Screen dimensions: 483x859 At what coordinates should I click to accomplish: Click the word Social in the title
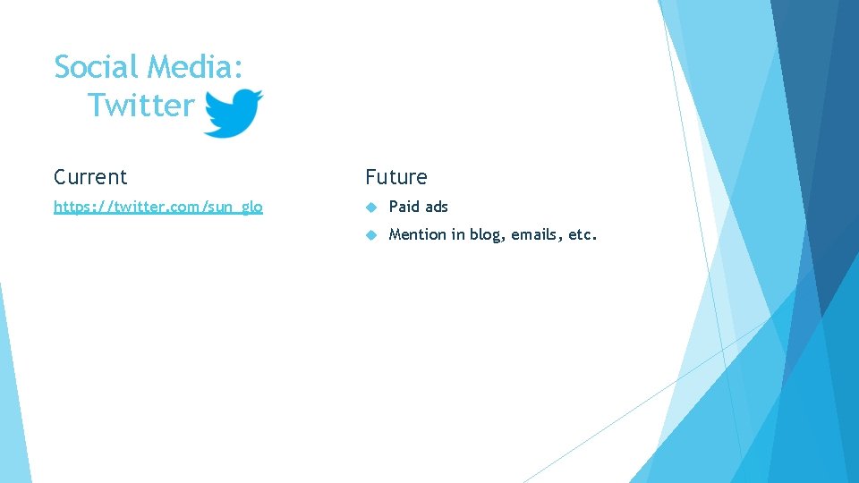tap(97, 67)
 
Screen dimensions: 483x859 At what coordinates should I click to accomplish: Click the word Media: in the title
tap(195, 67)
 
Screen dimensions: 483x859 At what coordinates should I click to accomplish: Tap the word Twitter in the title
tap(141, 106)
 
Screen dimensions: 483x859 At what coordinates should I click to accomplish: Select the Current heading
tap(90, 177)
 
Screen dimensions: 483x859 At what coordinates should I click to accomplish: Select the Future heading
tap(396, 177)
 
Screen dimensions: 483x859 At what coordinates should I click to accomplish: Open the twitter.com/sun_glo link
tap(158, 207)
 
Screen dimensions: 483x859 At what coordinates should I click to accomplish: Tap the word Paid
tap(404, 207)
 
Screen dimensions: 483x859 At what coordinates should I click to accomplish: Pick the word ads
tap(437, 207)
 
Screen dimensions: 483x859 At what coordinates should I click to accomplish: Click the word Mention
tap(417, 235)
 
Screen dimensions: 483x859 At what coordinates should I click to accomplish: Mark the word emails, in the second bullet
tap(537, 235)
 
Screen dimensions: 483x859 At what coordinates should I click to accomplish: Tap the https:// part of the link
tap(81, 207)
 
